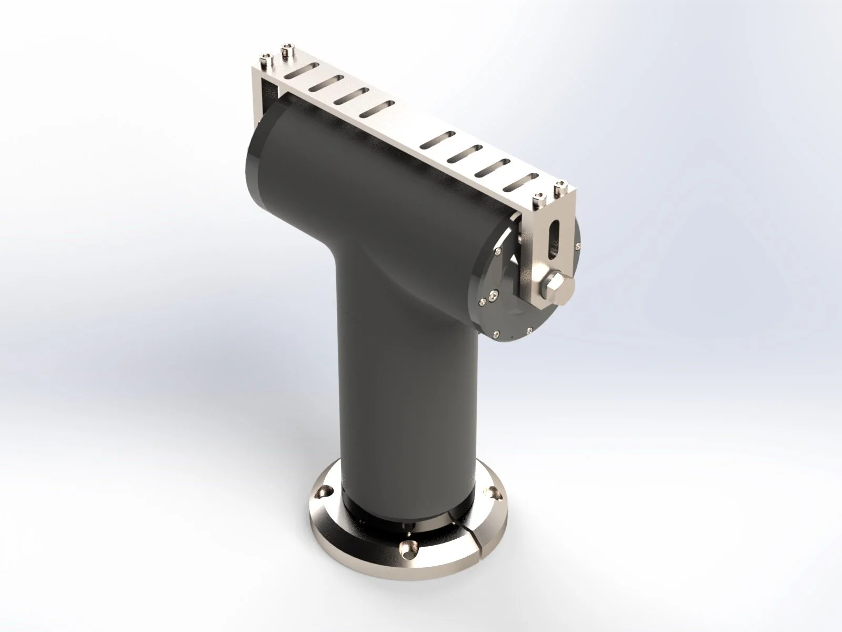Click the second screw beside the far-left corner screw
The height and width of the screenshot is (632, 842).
[287, 50]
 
